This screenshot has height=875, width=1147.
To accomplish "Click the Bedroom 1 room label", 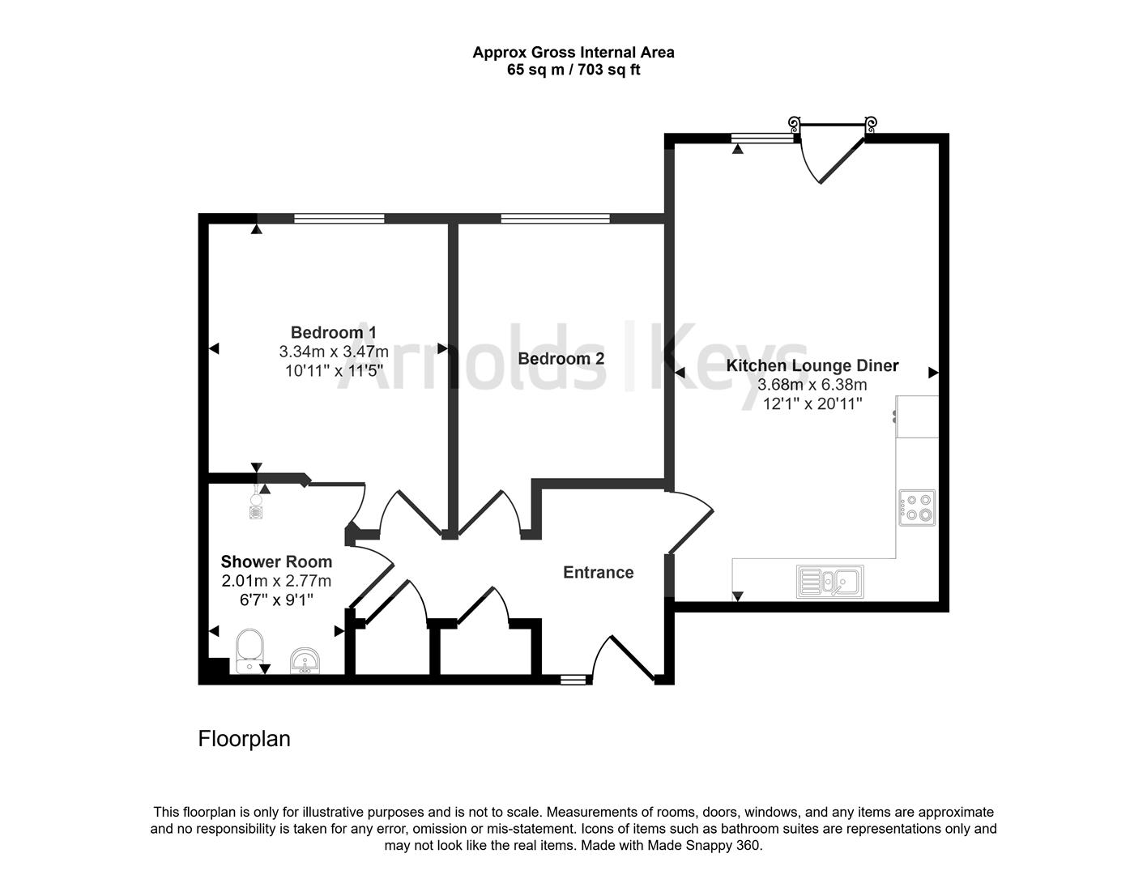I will tap(333, 332).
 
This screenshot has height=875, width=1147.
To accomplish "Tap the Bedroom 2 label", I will tap(561, 358).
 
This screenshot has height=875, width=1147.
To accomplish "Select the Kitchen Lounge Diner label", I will tap(812, 365).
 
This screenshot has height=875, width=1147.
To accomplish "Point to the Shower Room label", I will tap(276, 561).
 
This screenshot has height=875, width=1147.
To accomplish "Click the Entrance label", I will tap(598, 572).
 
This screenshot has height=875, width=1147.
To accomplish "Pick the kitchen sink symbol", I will tap(829, 581).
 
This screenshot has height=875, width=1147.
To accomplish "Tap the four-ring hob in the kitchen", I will tap(917, 507).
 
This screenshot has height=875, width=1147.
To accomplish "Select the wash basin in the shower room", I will tap(305, 660).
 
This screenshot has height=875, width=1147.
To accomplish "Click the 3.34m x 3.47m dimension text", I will tap(333, 352).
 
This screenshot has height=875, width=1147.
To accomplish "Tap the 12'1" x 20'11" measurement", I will tap(812, 403).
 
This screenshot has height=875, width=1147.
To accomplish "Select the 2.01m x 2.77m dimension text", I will tap(276, 581).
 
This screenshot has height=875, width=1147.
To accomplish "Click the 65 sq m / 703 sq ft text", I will tap(573, 70).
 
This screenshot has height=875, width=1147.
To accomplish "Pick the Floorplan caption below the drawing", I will tap(244, 739).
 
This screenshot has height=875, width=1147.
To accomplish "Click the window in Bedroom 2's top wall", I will tap(555, 218).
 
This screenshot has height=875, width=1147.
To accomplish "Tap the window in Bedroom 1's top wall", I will tap(339, 218).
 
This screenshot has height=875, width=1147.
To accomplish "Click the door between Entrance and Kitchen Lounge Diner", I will tap(689, 523).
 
